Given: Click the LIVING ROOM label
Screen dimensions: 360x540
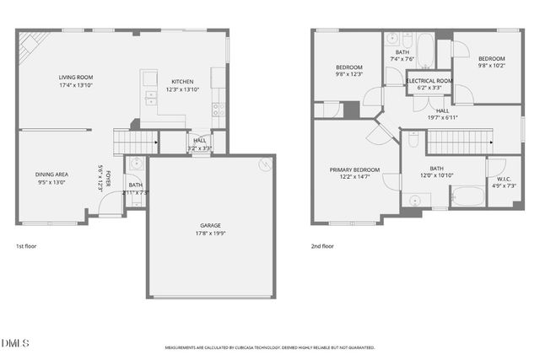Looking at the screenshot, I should click(75, 77).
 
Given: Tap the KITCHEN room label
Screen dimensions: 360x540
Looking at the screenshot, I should click(182, 82).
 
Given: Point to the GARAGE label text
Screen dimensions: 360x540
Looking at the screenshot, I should click(210, 225).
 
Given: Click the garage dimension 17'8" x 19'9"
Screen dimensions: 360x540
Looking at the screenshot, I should click(210, 234).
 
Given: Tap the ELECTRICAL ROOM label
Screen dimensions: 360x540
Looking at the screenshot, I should click(429, 80).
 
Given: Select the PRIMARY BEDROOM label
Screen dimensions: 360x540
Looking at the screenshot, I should click(354, 169).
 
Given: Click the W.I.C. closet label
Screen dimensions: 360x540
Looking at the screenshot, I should click(504, 178).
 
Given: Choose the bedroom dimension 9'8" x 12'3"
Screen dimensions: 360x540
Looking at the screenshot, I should click(349, 74).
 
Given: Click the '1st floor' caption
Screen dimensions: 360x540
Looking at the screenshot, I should click(26, 246).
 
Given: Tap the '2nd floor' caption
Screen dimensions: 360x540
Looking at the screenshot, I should click(322, 246).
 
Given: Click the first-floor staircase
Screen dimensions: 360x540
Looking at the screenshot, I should click(135, 142).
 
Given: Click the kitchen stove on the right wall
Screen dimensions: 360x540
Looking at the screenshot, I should click(219, 108).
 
